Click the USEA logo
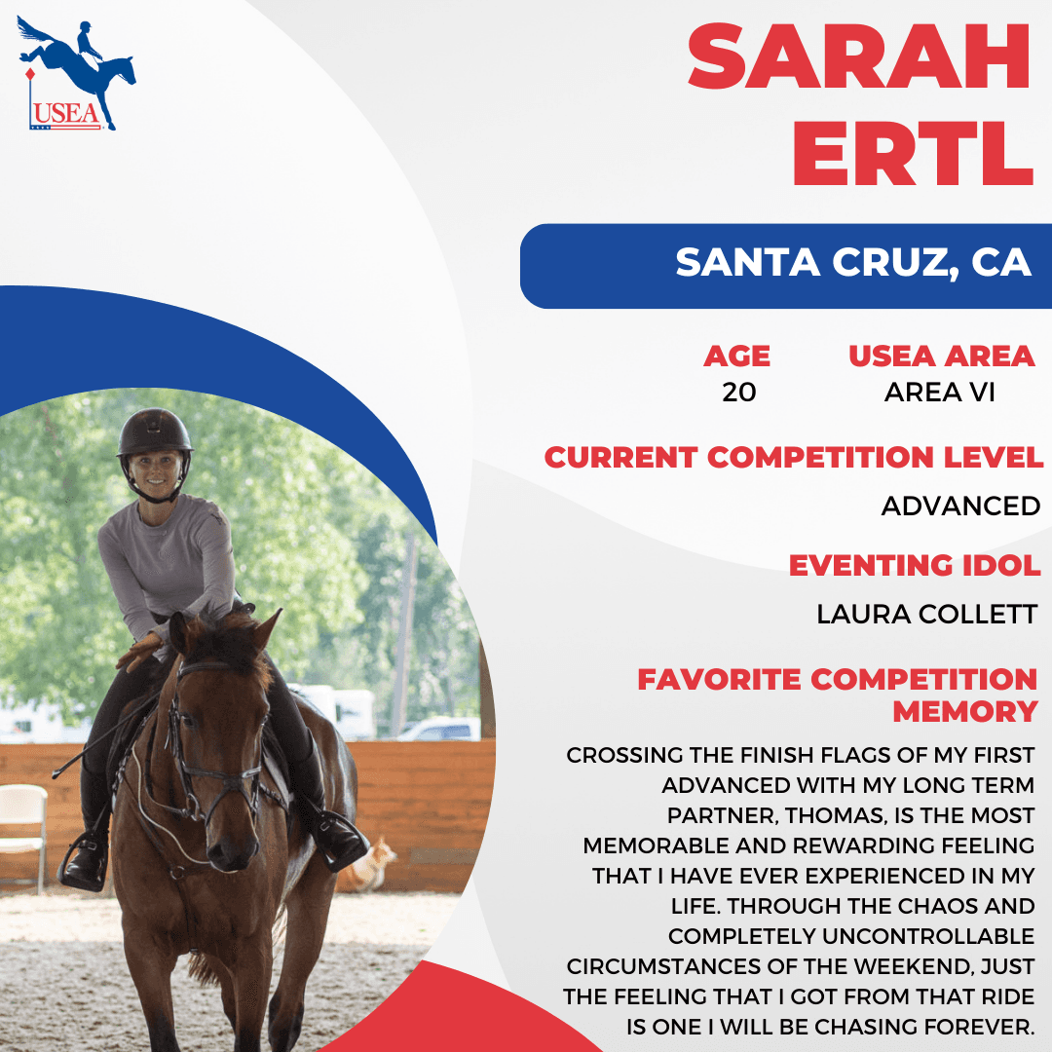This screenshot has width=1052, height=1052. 76,73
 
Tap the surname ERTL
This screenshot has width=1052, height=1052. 913,153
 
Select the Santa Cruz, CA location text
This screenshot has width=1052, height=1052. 852,262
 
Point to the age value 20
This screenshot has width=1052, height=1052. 738,393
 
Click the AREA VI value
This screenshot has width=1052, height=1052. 939,393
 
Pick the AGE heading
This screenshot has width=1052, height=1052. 736,356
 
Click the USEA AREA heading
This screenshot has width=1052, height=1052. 941,356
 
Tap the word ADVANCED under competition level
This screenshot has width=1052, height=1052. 960,506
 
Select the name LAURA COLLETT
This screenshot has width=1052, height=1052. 926,614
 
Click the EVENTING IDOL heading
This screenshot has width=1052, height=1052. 915,565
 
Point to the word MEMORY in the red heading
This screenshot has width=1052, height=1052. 965,711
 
